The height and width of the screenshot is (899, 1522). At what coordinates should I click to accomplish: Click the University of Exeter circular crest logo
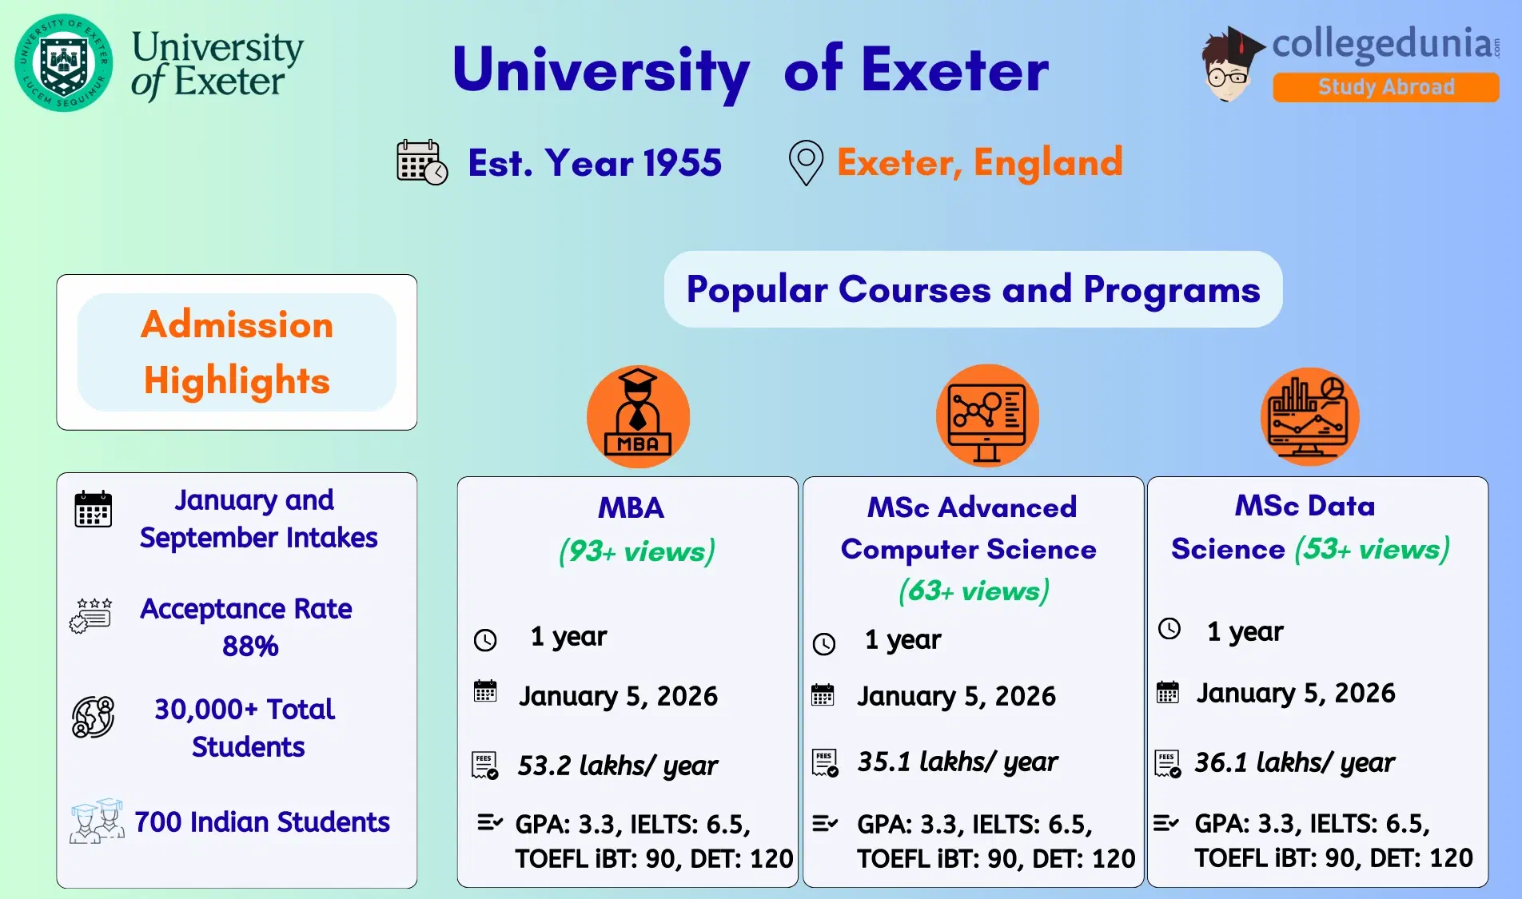tap(64, 62)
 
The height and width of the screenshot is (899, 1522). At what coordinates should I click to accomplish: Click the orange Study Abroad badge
tap(1385, 87)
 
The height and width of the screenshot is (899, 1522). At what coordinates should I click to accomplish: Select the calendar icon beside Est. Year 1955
tap(421, 162)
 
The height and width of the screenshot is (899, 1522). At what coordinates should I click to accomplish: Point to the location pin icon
tap(806, 162)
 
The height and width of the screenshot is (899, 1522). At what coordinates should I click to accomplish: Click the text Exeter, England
tap(979, 162)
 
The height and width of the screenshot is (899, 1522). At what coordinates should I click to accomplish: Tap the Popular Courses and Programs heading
tap(973, 289)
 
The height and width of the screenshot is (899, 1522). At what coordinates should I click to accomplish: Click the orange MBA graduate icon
tap(638, 416)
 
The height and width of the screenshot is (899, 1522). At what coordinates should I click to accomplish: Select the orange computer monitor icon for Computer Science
tap(987, 416)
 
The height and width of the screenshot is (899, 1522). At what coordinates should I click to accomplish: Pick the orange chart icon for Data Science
tap(1309, 416)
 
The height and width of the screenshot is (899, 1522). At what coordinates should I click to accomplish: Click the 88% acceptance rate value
tap(250, 646)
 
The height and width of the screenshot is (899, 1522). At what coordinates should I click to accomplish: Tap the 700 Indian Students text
tap(261, 821)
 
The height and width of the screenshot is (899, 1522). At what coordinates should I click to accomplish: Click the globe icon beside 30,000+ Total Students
tap(93, 717)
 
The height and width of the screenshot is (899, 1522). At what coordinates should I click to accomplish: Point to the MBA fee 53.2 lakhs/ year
tap(617, 766)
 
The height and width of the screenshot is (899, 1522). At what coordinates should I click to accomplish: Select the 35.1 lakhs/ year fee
tap(957, 762)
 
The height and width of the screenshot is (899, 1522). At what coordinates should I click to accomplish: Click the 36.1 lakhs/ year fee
tap(1294, 762)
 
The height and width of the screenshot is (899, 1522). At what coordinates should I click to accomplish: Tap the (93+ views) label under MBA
tap(636, 551)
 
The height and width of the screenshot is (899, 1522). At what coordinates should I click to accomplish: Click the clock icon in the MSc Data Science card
tap(1169, 629)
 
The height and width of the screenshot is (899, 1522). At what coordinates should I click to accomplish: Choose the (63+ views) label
tap(974, 591)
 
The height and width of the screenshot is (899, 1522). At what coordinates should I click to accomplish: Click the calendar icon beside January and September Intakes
tap(93, 509)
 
